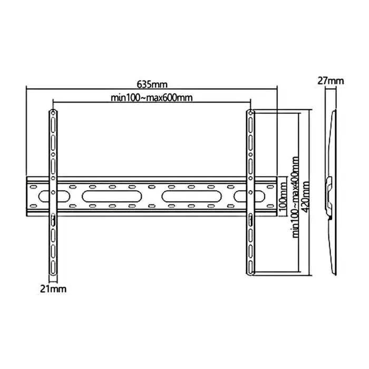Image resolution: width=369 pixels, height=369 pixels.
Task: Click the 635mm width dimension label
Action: pos(152,84)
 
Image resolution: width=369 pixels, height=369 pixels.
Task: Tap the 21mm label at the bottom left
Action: pos(53,289)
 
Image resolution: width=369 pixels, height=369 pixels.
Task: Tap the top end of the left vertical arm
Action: pos(53,112)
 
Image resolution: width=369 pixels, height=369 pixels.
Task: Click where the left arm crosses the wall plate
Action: pos(53,196)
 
